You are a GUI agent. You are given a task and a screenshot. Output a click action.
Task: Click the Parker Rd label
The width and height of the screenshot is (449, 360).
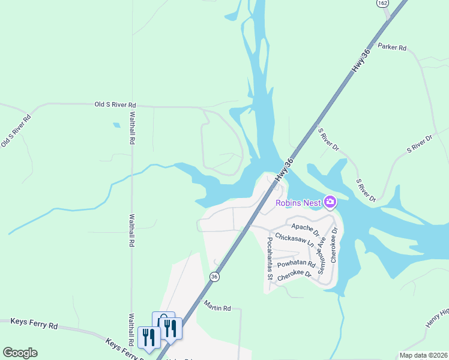click(392, 47)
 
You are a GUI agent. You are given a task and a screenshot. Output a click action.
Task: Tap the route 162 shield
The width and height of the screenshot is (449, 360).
click(382, 3)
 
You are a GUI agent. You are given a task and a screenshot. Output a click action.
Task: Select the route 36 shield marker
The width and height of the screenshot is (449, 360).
click(214, 277)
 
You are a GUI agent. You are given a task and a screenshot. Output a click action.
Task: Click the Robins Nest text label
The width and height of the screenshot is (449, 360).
click(298, 202)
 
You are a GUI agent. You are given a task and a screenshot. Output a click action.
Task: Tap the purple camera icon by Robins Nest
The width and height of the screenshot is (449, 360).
click(330, 202)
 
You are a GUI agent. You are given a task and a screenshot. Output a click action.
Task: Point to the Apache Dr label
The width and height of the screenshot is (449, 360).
click(304, 227)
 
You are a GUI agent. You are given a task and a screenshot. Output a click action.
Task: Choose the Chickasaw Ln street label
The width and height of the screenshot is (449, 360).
click(294, 240)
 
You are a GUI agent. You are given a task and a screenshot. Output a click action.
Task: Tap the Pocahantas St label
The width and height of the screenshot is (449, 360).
click(270, 258)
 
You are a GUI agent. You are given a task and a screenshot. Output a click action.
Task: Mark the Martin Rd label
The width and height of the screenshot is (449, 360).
click(217, 308)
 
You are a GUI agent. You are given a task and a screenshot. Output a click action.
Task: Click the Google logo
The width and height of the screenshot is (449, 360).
click(20, 353)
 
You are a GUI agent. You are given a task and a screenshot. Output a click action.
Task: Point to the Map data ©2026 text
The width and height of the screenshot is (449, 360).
click(423, 355)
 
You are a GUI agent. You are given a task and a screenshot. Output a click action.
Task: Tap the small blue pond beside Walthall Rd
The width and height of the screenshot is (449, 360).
click(116, 125)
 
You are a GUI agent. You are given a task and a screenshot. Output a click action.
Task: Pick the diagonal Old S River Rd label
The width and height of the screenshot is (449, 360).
click(16, 130)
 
